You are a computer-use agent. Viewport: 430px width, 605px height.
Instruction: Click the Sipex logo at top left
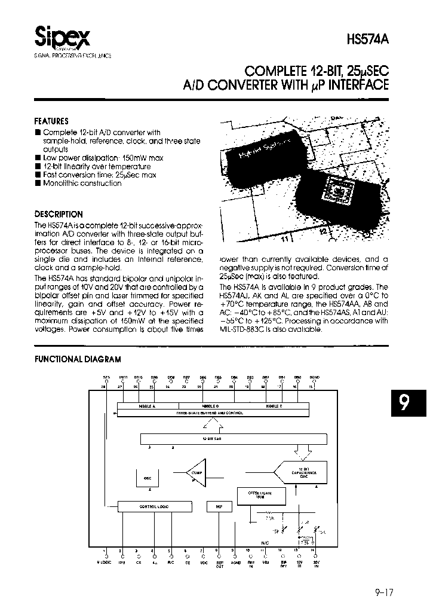[x=62, y=38]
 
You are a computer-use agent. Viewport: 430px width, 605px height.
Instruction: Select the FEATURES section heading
[x=51, y=121]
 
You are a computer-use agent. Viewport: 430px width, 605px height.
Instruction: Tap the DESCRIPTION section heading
[x=59, y=214]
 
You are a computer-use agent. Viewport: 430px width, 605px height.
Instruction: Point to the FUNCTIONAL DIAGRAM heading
[x=78, y=359]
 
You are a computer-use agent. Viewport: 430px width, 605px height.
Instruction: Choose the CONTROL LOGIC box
[x=155, y=506]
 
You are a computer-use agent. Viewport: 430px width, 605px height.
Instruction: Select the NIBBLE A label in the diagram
[x=147, y=406]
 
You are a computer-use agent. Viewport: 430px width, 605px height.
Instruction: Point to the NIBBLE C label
[x=274, y=406]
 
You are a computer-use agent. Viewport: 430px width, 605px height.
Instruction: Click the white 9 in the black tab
[x=404, y=404]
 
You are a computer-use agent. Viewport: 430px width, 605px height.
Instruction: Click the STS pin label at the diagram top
[x=106, y=378]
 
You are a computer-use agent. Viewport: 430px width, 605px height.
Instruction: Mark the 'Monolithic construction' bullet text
[x=82, y=184]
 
